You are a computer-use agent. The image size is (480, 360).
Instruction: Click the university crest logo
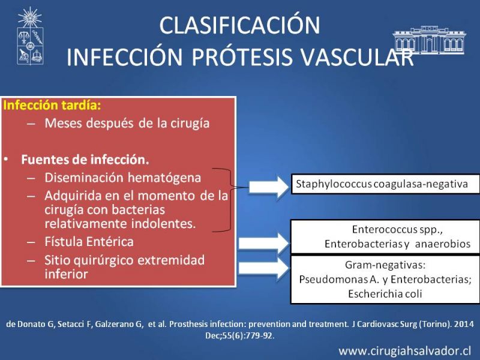coord(30,36)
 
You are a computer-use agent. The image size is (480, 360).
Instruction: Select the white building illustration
coord(429,40)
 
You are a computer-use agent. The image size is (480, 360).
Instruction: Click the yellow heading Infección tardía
coord(52,105)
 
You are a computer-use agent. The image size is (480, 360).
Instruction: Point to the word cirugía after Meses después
coord(190,124)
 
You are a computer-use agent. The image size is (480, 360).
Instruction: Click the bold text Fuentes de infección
coord(85,160)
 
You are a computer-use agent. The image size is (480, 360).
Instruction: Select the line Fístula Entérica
coord(89,242)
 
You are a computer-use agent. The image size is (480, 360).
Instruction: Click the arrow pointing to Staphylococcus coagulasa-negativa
coord(269,187)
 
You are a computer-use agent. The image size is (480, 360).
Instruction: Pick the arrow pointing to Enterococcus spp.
coord(263,244)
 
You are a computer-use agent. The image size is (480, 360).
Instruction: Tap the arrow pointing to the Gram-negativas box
coord(263,268)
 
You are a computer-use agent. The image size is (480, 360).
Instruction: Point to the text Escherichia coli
coord(385,294)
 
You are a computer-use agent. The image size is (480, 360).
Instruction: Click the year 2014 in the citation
coord(464,324)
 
